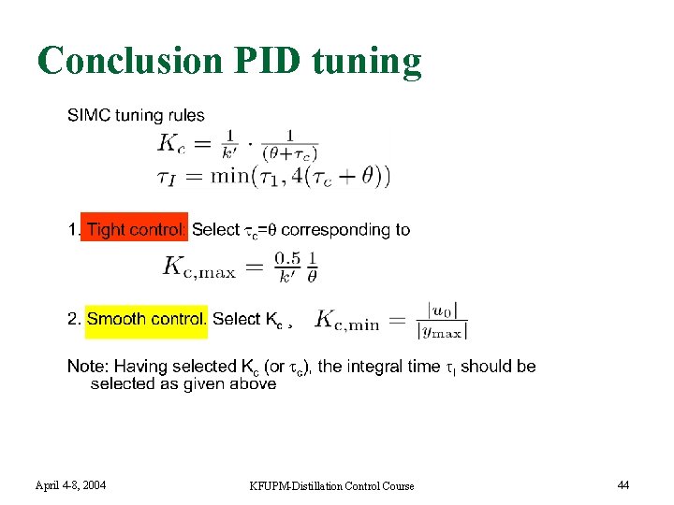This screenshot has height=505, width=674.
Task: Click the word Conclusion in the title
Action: (x=127, y=62)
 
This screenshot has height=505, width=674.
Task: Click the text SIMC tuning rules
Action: (x=136, y=116)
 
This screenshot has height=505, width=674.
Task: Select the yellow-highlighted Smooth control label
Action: (x=147, y=319)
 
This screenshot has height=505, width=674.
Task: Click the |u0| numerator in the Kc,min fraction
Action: (x=442, y=310)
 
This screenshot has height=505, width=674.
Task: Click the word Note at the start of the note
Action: (x=85, y=366)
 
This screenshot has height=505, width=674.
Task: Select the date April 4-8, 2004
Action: (x=70, y=484)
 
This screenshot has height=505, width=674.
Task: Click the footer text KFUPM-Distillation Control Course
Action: (x=331, y=485)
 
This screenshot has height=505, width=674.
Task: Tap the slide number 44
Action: (x=623, y=484)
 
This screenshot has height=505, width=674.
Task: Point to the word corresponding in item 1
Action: (x=328, y=229)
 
